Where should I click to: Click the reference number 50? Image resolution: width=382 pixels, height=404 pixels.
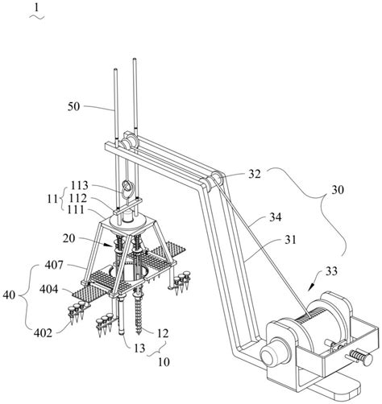[x=73, y=107]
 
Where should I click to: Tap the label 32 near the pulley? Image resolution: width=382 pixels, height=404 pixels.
[x=254, y=174]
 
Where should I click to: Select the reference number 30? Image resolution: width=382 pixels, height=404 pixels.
[x=338, y=190]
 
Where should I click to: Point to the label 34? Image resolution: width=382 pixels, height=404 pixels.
[x=275, y=216]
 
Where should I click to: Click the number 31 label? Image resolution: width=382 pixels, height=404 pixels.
[x=290, y=240]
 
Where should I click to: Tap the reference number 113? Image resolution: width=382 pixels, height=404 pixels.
[x=79, y=185]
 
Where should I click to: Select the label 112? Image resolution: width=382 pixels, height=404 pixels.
[x=78, y=198]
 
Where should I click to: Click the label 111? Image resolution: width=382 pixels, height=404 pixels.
[x=76, y=209]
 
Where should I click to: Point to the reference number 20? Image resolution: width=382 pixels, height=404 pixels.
[x=69, y=238]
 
